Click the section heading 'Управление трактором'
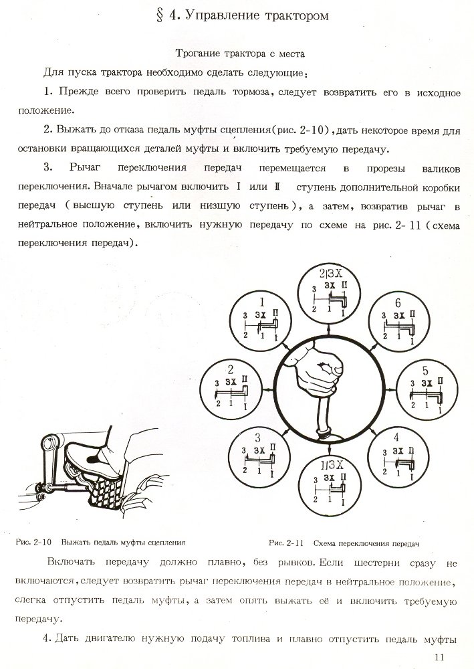click(251, 16)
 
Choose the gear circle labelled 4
click(396, 455)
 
